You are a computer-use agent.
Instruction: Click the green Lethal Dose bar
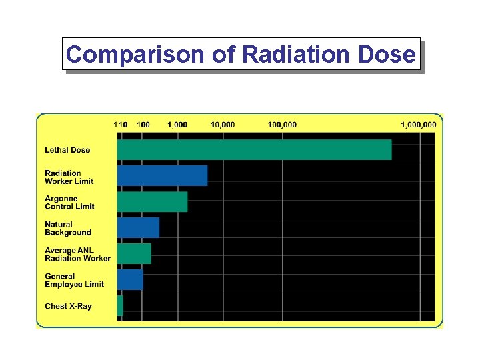pyautogui.click(x=254, y=150)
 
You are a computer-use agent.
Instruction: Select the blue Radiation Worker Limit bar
pyautogui.click(x=162, y=176)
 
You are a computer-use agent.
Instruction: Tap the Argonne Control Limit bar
pyautogui.click(x=152, y=202)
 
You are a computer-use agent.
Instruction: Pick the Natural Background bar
pyautogui.click(x=138, y=228)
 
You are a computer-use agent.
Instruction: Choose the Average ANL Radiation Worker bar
pyautogui.click(x=134, y=254)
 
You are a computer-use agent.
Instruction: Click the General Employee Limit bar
pyautogui.click(x=130, y=280)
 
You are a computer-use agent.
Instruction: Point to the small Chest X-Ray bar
pyautogui.click(x=120, y=306)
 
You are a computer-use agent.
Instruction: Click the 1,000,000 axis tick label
pyautogui.click(x=418, y=125)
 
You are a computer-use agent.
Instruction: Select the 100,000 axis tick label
pyautogui.click(x=283, y=125)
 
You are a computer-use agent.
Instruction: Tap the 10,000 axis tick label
pyautogui.click(x=223, y=125)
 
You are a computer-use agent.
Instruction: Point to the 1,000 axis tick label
pyautogui.click(x=177, y=125)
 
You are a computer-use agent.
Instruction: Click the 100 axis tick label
pyautogui.click(x=143, y=125)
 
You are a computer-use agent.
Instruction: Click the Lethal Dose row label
pyautogui.click(x=67, y=150)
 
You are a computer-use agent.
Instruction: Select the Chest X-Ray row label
pyautogui.click(x=68, y=307)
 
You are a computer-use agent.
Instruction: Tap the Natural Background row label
pyautogui.click(x=68, y=229)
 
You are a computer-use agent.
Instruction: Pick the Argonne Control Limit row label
pyautogui.click(x=69, y=203)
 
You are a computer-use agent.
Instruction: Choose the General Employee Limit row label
pyautogui.click(x=74, y=281)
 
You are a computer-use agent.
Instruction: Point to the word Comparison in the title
pyautogui.click(x=136, y=54)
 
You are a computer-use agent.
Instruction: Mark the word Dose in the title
pyautogui.click(x=389, y=54)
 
